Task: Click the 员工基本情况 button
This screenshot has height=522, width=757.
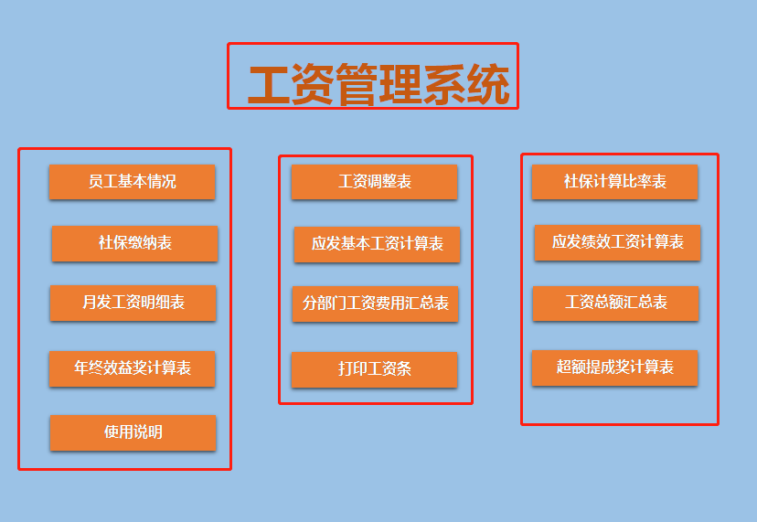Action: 132,182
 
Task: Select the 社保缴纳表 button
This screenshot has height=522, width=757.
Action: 134,243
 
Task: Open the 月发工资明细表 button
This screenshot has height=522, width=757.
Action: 133,303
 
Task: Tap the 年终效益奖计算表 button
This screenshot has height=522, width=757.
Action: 132,368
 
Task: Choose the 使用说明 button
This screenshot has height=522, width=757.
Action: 133,432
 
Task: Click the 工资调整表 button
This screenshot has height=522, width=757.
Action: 374,182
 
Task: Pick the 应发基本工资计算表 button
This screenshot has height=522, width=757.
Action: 377,244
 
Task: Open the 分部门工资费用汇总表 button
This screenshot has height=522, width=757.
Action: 375,304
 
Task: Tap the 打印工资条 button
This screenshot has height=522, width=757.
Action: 374,369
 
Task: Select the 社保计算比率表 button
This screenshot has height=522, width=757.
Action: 614,182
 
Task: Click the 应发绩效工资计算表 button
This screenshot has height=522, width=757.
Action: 617,242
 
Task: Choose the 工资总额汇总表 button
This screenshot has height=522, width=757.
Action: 615,303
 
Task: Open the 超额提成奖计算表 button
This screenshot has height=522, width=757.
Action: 614,368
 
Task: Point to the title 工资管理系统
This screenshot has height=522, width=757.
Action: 378,86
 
